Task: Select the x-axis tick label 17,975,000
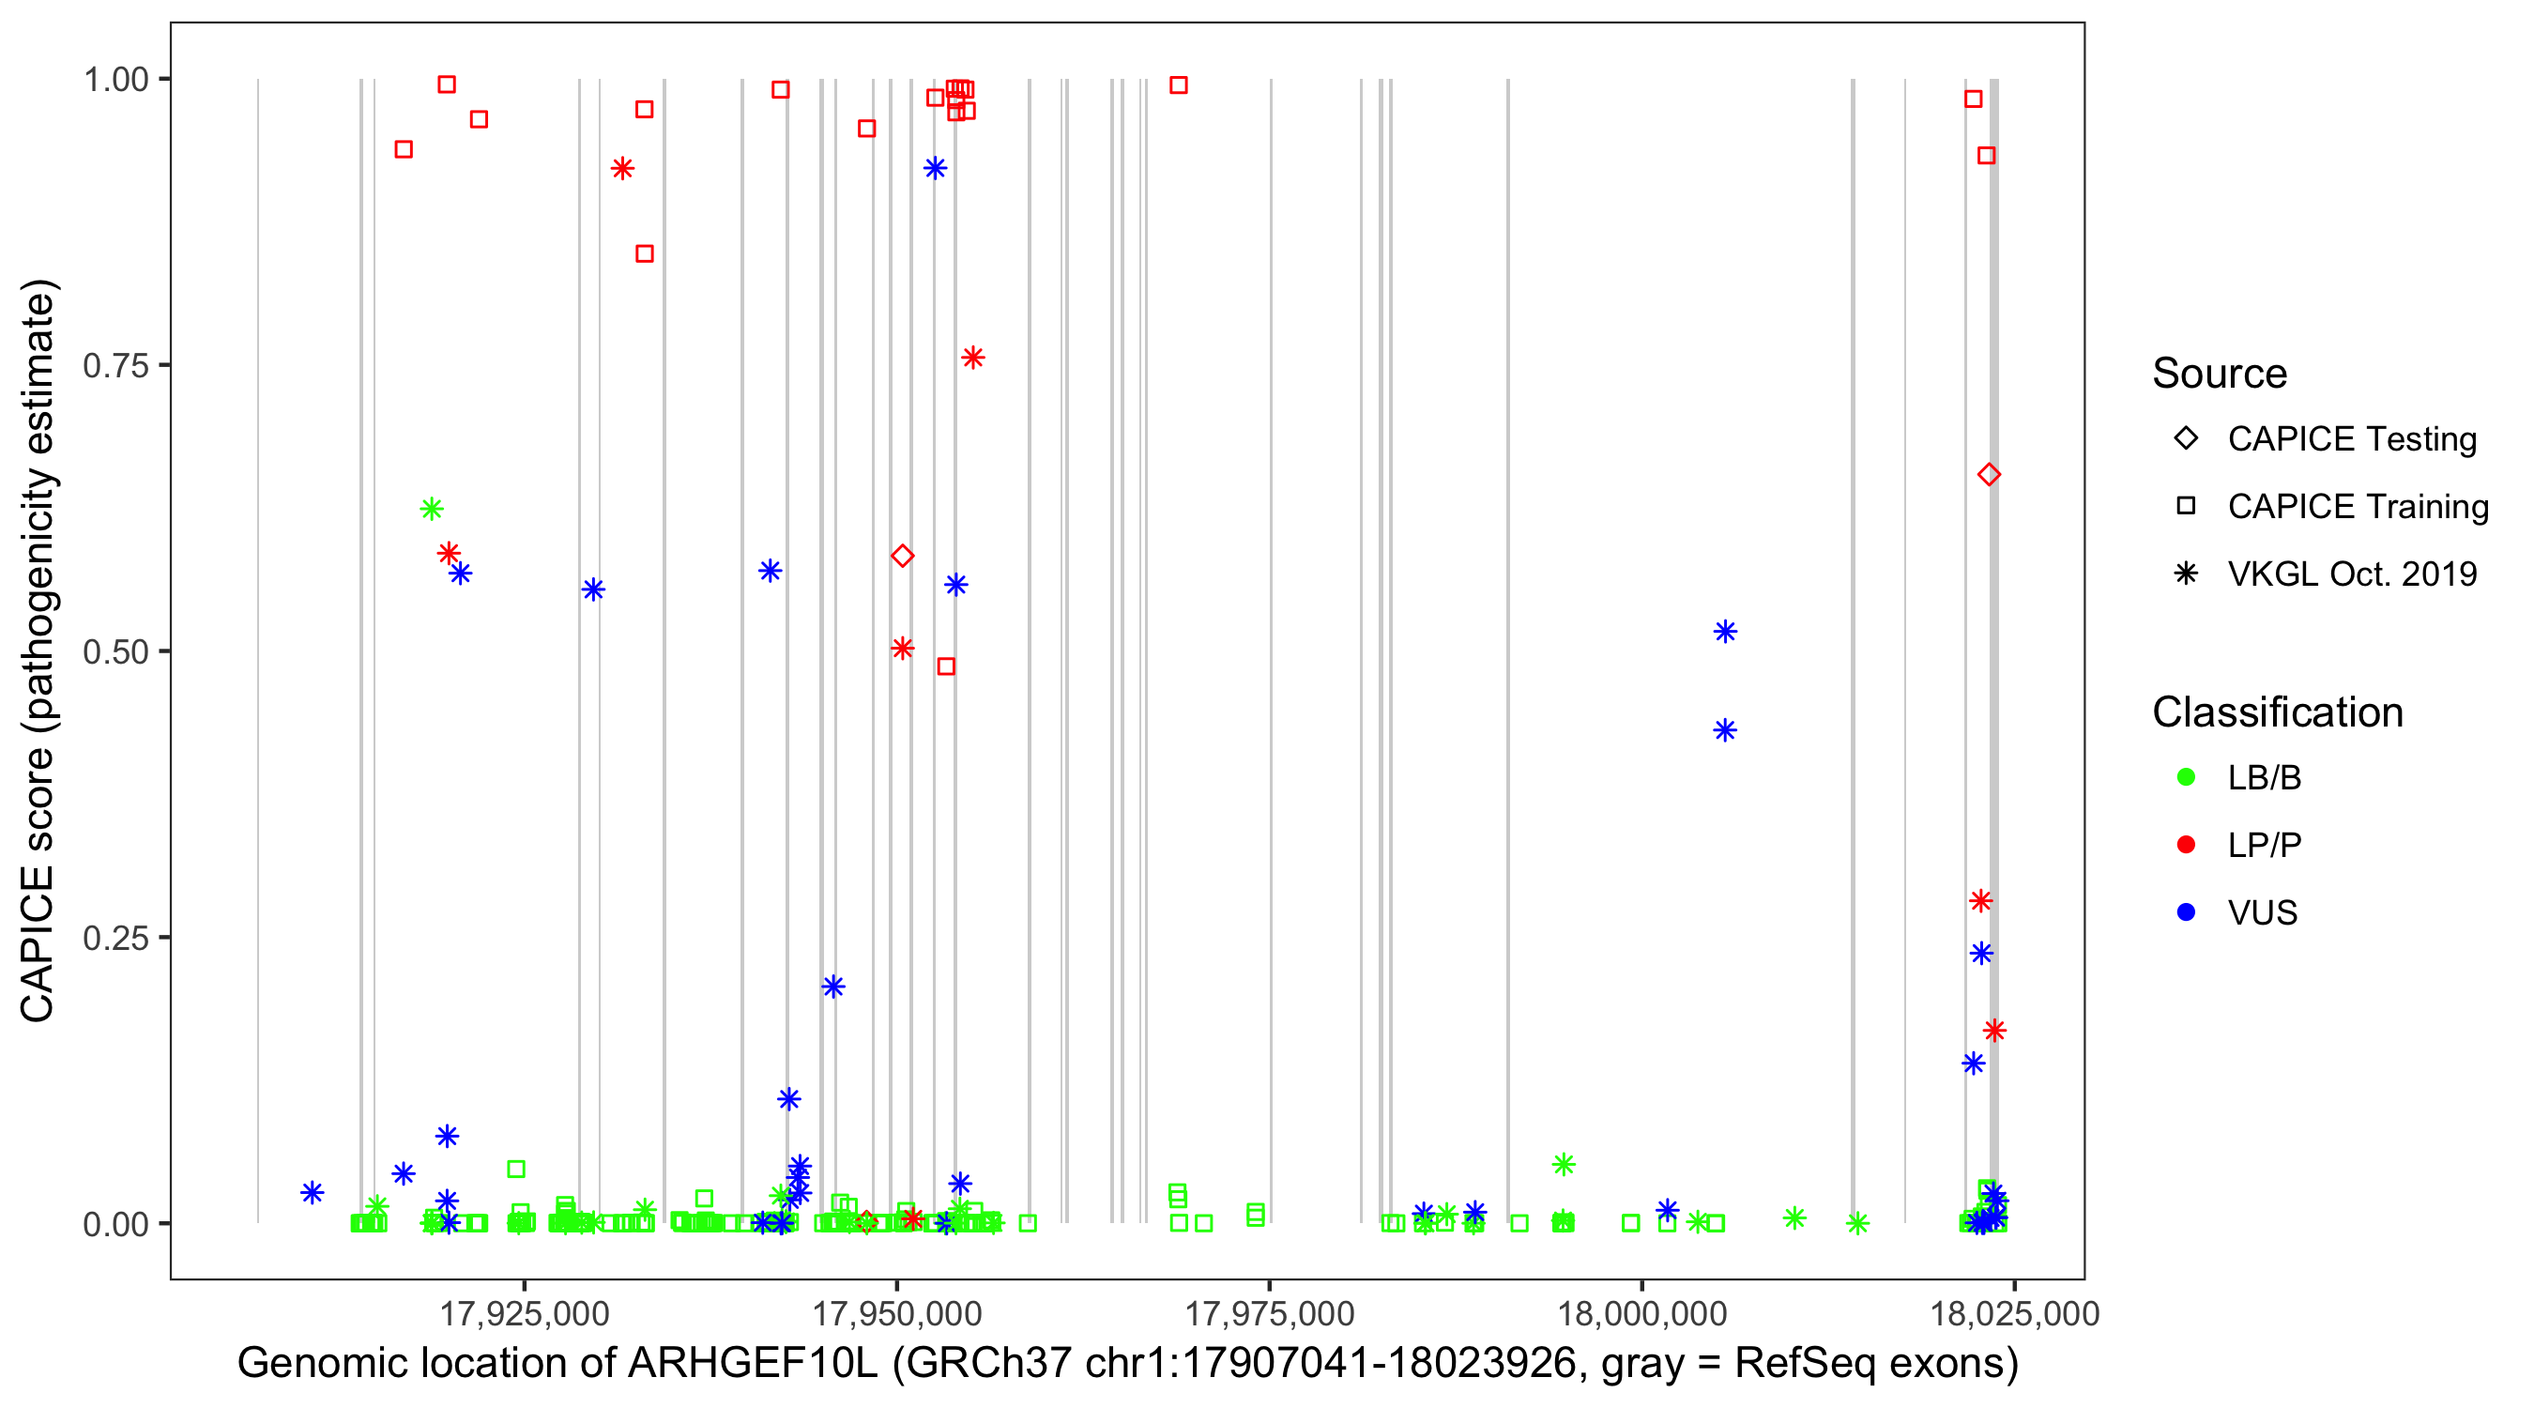[x=1269, y=1313]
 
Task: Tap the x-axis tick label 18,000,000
[x=1641, y=1313]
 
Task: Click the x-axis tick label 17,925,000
[x=524, y=1313]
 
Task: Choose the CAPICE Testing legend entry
[x=2351, y=439]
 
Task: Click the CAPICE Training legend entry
[x=2357, y=507]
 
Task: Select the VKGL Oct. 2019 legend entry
[x=2351, y=574]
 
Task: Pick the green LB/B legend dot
[x=2186, y=777]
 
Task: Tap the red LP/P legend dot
[x=2186, y=845]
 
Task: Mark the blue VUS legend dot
[x=2186, y=913]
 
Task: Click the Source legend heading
[x=2220, y=374]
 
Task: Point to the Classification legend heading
[x=2277, y=712]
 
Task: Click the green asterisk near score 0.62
[x=431, y=509]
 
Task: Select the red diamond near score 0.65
[x=1988, y=475]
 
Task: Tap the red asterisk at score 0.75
[x=972, y=359]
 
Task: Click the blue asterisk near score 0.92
[x=935, y=169]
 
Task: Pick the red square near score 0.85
[x=645, y=253]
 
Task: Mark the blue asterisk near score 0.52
[x=1724, y=632]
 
